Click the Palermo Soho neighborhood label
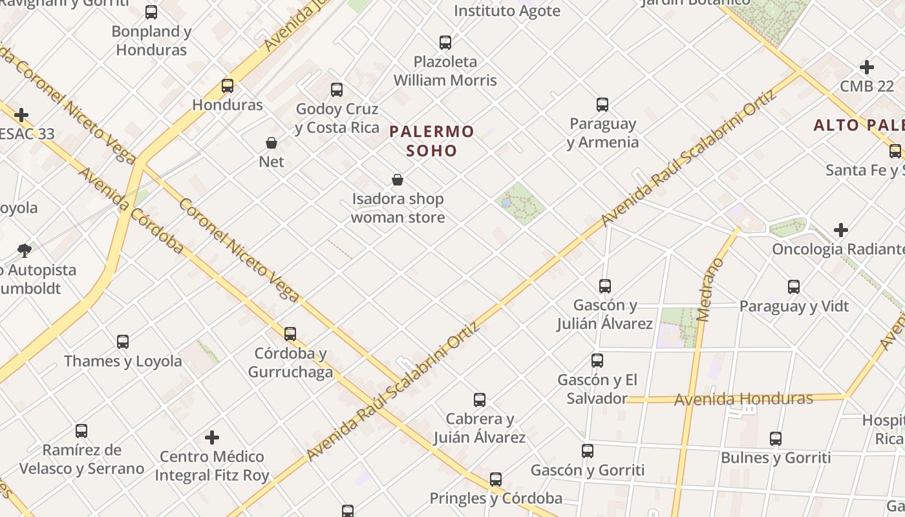click(432, 141)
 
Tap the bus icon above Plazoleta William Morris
click(445, 43)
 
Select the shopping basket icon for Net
click(271, 142)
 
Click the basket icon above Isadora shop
click(398, 180)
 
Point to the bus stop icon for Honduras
click(228, 85)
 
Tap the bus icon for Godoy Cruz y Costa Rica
click(337, 89)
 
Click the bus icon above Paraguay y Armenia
click(602, 104)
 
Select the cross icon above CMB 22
click(867, 67)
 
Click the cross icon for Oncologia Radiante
click(840, 229)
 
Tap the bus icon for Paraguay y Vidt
click(794, 286)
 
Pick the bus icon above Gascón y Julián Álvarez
click(605, 286)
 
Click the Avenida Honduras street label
click(743, 399)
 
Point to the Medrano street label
click(712, 290)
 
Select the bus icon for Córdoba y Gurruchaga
click(290, 333)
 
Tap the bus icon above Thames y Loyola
click(123, 341)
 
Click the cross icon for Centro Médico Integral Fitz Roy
click(212, 438)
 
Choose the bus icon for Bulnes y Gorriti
click(776, 439)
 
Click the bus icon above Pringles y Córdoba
click(496, 479)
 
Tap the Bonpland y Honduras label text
click(152, 40)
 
